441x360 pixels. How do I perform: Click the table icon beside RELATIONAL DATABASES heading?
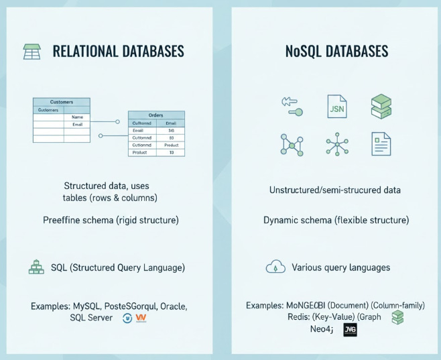click(31, 51)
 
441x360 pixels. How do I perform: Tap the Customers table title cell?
click(62, 102)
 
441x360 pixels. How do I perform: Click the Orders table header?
click(156, 115)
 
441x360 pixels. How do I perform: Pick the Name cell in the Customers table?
click(76, 117)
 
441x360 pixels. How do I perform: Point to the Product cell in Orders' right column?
click(170, 145)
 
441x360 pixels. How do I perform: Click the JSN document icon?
click(336, 106)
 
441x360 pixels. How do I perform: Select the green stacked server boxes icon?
click(381, 107)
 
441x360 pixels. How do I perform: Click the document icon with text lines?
click(381, 143)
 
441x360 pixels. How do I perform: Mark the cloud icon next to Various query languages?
click(275, 267)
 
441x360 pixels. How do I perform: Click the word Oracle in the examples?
click(172, 306)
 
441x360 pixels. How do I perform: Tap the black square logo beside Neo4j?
click(350, 329)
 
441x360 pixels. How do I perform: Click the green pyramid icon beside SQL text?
click(36, 267)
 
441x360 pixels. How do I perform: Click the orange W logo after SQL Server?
click(140, 318)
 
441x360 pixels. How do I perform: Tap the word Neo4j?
click(321, 329)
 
